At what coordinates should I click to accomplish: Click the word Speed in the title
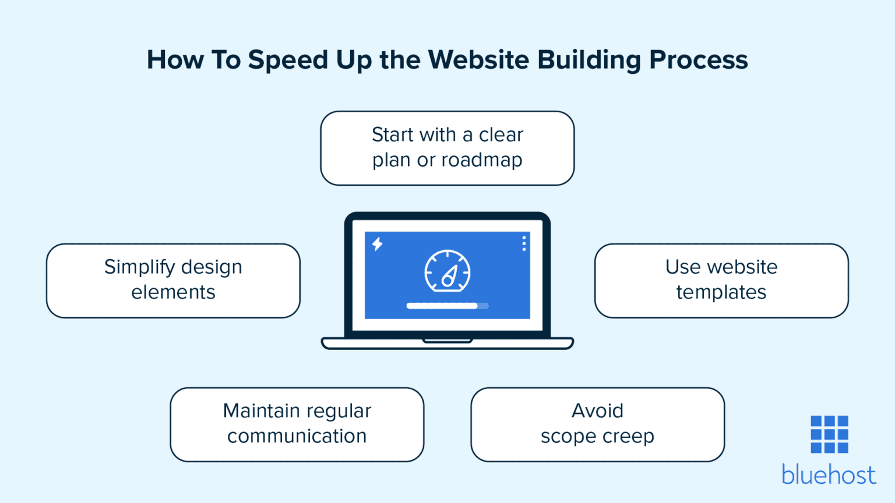288,61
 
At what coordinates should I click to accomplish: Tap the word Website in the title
478,59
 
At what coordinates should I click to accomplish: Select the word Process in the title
698,59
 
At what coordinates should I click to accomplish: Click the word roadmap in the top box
481,160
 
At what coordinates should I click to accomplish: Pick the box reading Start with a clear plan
447,148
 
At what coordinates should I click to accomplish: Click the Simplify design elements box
173,281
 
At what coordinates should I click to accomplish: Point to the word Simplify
140,267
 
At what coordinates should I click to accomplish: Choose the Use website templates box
721,281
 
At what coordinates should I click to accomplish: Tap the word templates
721,292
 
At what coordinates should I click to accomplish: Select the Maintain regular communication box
297,424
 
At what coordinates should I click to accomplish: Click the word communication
297,436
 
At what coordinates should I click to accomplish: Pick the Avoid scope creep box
597,424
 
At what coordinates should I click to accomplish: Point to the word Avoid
597,411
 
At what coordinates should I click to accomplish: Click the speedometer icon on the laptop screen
447,271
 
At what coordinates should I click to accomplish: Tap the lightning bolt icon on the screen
378,244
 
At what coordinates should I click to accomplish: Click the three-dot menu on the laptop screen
524,243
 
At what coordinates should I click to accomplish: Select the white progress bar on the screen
443,306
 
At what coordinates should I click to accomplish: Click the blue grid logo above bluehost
829,434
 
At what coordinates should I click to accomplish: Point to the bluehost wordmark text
829,475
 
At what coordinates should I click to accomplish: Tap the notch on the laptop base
447,341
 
